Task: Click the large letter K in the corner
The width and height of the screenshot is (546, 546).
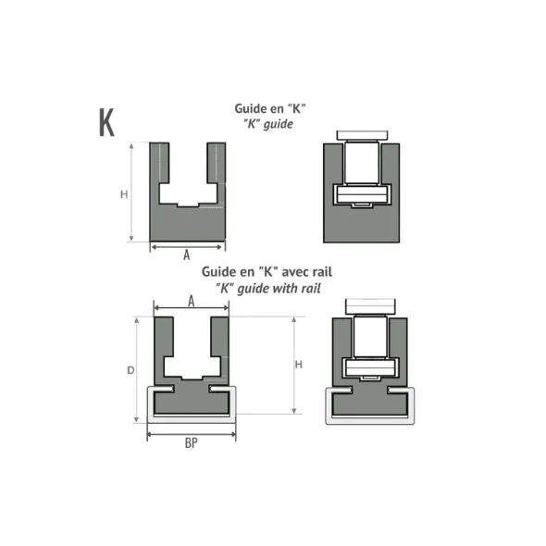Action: (x=105, y=121)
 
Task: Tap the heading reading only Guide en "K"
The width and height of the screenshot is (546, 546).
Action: (x=269, y=108)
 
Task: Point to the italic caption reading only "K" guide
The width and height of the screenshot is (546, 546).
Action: (x=269, y=123)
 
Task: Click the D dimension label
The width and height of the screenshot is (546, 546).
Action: (x=130, y=370)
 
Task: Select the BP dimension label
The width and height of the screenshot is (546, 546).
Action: (x=192, y=443)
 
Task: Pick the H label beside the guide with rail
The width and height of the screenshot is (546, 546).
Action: (x=298, y=365)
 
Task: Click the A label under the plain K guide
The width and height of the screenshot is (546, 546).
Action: (x=186, y=254)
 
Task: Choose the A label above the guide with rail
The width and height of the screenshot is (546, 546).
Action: (x=191, y=301)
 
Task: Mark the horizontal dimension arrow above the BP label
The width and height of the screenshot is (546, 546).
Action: (x=192, y=431)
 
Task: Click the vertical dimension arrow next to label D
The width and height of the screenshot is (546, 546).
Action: (x=140, y=370)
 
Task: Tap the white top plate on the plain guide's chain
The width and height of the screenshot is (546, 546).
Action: (x=362, y=136)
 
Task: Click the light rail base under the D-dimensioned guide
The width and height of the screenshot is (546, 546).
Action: (x=192, y=415)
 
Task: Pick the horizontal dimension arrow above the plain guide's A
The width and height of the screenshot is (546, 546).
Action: (x=187, y=246)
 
